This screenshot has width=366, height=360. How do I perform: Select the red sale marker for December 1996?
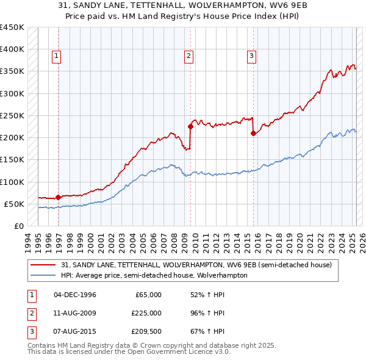pyautogui.click(x=58, y=197)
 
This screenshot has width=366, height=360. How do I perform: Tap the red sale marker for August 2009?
pyautogui.click(x=190, y=127)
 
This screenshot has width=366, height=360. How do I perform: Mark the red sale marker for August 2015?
pyautogui.click(x=253, y=134)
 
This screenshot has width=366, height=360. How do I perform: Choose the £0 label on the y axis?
pyautogui.click(x=18, y=226)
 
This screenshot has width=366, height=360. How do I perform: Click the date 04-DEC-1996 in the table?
pyautogui.click(x=75, y=295)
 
